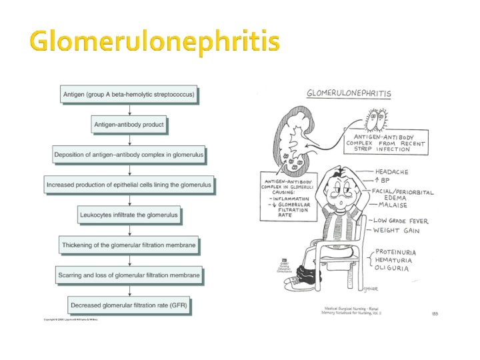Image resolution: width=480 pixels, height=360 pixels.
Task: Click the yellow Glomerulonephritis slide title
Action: pos(155,41)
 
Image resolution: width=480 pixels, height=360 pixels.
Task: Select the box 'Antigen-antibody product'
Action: pos(129,125)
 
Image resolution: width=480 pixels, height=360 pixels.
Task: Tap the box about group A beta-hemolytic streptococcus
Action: pos(129,95)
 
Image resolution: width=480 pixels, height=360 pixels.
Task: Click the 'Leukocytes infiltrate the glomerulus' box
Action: pos(129,215)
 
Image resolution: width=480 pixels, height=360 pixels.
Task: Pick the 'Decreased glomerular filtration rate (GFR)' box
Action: pos(129,306)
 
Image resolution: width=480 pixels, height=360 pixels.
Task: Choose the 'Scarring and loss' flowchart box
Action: pos(129,275)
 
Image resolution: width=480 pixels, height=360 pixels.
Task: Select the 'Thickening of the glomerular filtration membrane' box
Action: pos(129,245)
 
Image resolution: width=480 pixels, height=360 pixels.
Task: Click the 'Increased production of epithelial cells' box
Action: pos(129,185)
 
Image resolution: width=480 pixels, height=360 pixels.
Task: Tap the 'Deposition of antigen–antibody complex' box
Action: pos(129,155)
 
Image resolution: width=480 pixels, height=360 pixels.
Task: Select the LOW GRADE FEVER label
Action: pos(401,221)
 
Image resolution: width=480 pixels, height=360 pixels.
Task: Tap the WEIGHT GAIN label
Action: pos(396,231)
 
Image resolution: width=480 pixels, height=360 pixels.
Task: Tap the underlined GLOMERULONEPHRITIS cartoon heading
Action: pos(349,93)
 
